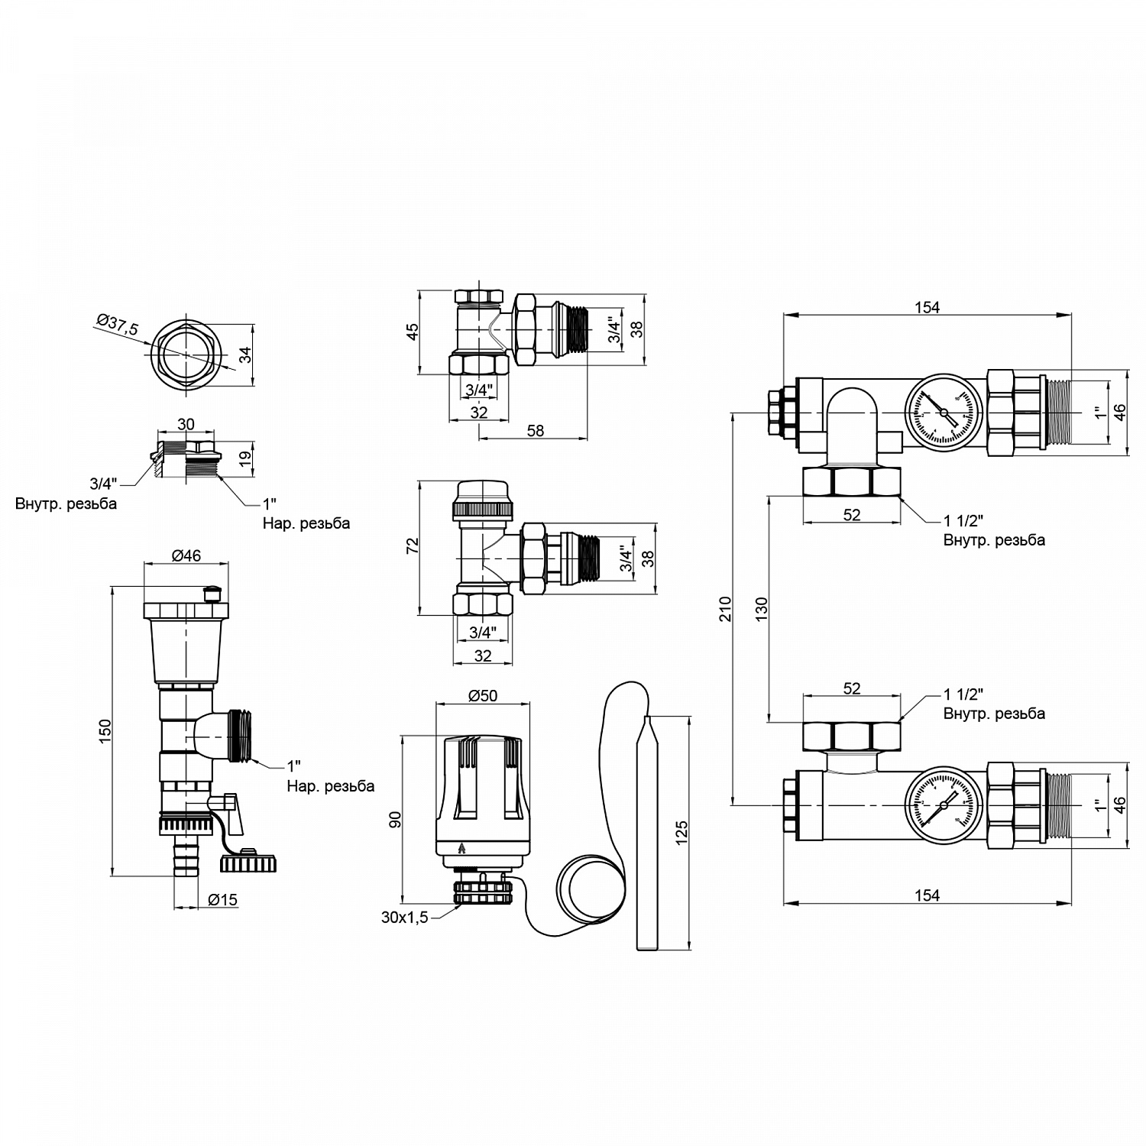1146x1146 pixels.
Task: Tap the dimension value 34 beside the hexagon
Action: coord(245,356)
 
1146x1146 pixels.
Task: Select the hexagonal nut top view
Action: coord(186,356)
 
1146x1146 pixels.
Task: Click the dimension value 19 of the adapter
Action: coord(245,459)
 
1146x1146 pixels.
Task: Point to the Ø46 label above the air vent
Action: coord(185,555)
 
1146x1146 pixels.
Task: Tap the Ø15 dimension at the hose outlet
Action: coord(222,900)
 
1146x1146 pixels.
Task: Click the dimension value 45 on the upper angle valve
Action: coord(413,332)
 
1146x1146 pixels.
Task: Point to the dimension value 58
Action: coord(535,431)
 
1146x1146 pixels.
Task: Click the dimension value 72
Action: coord(413,545)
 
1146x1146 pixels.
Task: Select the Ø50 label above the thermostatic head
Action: coord(482,695)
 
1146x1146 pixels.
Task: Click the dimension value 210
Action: coord(725,608)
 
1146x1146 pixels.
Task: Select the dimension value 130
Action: coord(761,608)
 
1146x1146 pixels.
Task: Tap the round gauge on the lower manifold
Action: coord(943,805)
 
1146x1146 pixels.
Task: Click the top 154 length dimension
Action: coord(927,307)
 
